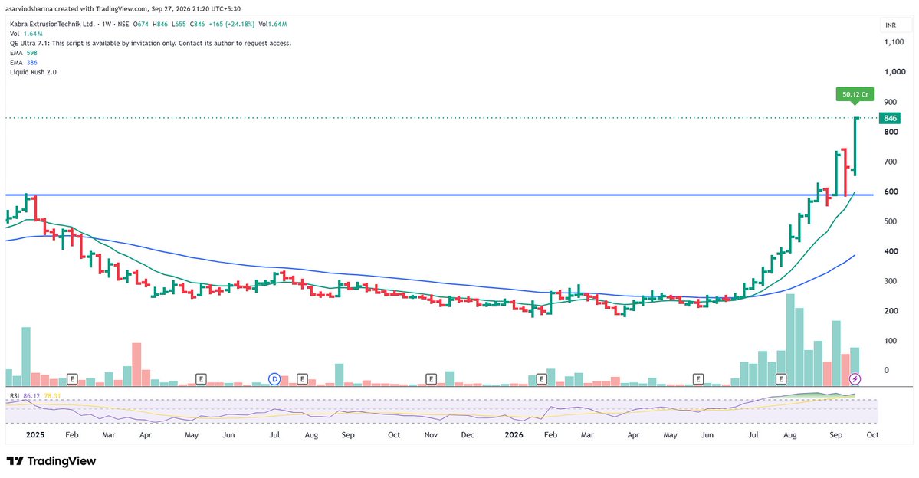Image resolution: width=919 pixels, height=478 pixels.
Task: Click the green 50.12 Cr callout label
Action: pyautogui.click(x=855, y=94)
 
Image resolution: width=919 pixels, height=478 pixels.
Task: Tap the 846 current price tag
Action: pyautogui.click(x=891, y=118)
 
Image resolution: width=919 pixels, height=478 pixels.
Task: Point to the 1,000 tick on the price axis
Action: pyautogui.click(x=895, y=71)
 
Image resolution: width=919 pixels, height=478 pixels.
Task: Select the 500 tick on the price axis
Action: pyautogui.click(x=891, y=221)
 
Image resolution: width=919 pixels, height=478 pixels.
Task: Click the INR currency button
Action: pyautogui.click(x=891, y=25)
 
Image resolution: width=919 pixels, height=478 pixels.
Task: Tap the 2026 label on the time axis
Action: pyautogui.click(x=514, y=434)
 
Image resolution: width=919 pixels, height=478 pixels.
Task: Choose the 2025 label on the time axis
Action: pyautogui.click(x=35, y=434)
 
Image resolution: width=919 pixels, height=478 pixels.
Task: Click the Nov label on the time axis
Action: pyautogui.click(x=431, y=434)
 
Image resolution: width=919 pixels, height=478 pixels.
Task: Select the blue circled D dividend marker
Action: pyautogui.click(x=274, y=379)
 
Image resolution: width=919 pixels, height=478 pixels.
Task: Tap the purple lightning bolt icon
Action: pyautogui.click(x=855, y=379)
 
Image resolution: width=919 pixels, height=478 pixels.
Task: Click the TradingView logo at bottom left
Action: pyautogui.click(x=51, y=461)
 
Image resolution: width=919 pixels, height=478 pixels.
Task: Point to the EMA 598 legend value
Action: pyautogui.click(x=31, y=53)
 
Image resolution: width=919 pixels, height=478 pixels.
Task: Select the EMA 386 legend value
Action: pyautogui.click(x=31, y=62)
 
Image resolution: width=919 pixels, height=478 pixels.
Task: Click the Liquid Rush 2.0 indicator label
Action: pyautogui.click(x=34, y=72)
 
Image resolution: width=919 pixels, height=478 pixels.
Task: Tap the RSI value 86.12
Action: pyautogui.click(x=31, y=396)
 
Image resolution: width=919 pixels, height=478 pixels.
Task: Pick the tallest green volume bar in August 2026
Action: pyautogui.click(x=790, y=340)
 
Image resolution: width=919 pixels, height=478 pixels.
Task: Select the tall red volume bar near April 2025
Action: pyautogui.click(x=136, y=365)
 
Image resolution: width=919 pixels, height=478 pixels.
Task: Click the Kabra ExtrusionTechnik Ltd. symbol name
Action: pyautogui.click(x=52, y=24)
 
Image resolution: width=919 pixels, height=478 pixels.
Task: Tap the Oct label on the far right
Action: pyautogui.click(x=872, y=434)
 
